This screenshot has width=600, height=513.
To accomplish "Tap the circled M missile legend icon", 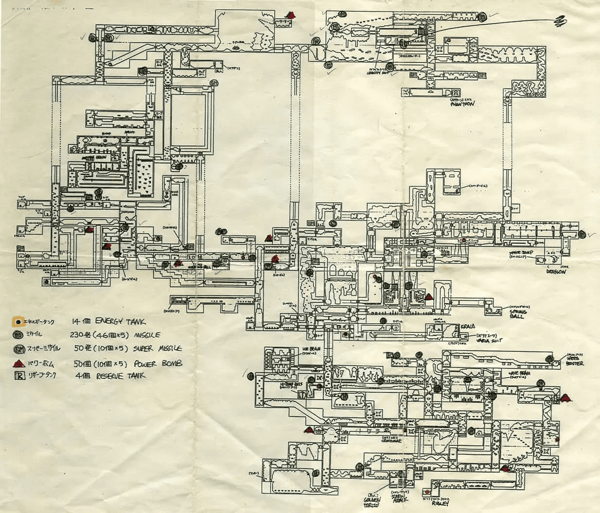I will point(18,335).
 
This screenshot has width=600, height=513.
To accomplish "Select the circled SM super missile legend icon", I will point(18,349).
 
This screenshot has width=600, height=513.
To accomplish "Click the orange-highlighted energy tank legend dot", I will point(18,322).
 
